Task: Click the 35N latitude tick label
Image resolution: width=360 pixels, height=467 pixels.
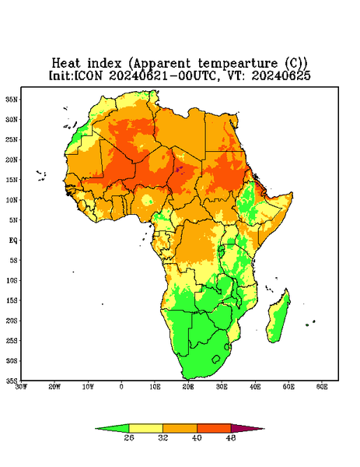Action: pyautogui.click(x=12, y=99)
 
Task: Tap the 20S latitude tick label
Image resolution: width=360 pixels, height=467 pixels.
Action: pyautogui.click(x=12, y=321)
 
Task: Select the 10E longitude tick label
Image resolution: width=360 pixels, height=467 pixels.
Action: pyautogui.click(x=155, y=387)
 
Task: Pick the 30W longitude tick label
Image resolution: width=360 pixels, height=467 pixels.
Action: pyautogui.click(x=21, y=387)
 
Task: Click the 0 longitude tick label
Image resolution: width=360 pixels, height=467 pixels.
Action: pyautogui.click(x=121, y=387)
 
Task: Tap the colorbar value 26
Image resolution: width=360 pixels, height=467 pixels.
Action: pyautogui.click(x=129, y=437)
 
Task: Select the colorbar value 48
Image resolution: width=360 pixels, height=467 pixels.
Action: pyautogui.click(x=231, y=437)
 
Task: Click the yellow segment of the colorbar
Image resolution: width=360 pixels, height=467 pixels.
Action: pyautogui.click(x=145, y=428)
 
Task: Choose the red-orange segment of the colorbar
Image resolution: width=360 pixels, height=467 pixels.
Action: pyautogui.click(x=214, y=428)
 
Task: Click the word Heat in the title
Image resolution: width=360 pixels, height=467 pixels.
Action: pyautogui.click(x=66, y=64)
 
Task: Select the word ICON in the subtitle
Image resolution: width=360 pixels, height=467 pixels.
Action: pyautogui.click(x=88, y=75)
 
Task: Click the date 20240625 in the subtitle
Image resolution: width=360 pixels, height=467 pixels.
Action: pyautogui.click(x=281, y=75)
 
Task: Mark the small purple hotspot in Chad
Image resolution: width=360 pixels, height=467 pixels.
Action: pyautogui.click(x=179, y=170)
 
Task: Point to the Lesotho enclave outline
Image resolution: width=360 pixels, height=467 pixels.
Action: pyautogui.click(x=216, y=359)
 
